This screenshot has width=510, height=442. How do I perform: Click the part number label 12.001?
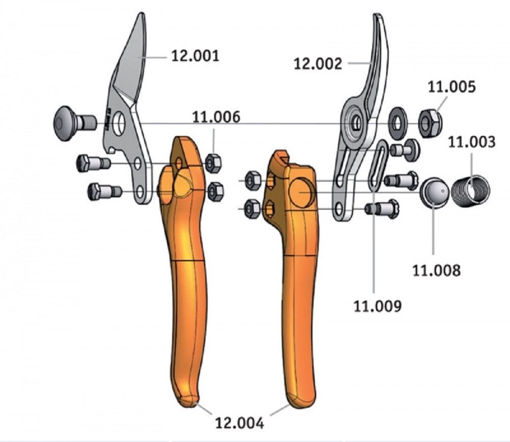195,56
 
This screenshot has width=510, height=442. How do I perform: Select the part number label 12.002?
318,64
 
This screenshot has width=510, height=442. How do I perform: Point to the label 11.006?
216,117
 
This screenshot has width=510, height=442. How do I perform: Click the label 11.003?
472,142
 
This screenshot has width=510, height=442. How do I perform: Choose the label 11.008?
437,270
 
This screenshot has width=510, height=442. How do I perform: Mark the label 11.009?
377,306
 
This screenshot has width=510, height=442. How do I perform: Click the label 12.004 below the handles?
239,423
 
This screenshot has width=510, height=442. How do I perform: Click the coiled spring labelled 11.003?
471,191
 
